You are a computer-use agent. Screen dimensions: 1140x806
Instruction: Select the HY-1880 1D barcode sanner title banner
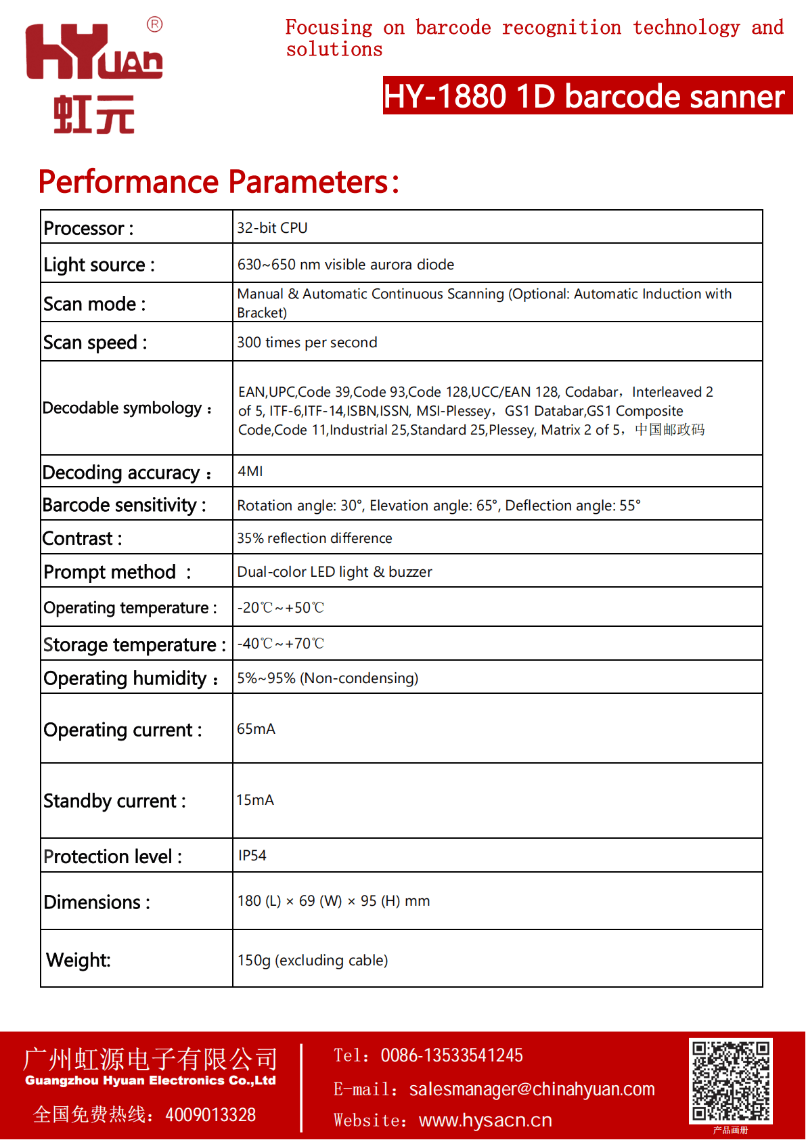587,95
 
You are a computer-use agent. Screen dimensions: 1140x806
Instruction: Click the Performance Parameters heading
219,181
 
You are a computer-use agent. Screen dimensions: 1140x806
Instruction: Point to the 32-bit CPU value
272,228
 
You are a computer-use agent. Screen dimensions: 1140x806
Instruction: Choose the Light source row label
99,265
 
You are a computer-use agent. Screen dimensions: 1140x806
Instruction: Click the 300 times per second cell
307,343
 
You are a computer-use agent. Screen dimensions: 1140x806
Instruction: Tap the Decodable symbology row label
127,408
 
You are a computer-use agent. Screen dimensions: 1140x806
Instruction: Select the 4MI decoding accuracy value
250,471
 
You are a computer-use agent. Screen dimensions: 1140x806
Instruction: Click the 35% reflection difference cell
315,538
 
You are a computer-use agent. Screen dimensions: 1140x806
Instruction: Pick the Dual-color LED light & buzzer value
334,572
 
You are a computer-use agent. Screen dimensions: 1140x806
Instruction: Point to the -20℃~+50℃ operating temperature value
281,608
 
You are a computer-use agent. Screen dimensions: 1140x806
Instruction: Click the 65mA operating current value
256,729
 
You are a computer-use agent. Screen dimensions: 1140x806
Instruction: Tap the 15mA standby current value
255,800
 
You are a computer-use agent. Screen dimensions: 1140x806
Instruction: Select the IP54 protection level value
252,856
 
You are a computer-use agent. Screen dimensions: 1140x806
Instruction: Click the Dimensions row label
97,902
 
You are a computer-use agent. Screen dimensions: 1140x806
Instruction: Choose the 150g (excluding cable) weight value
313,961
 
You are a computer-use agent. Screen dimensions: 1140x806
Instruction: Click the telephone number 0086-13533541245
451,1055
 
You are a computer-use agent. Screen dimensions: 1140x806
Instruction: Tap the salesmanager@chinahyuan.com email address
532,1089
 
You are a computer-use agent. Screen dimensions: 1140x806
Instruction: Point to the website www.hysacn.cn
485,1120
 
